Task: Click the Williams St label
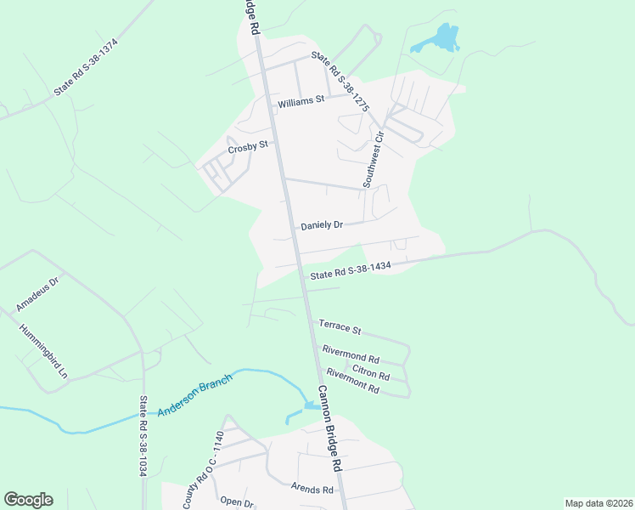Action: pyautogui.click(x=301, y=101)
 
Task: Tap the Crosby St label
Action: pyautogui.click(x=247, y=148)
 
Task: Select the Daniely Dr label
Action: pyautogui.click(x=322, y=225)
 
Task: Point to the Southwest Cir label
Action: pyautogui.click(x=374, y=159)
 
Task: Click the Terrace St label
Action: pyautogui.click(x=340, y=326)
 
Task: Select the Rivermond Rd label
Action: pyautogui.click(x=351, y=354)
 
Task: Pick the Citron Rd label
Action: pyautogui.click(x=371, y=371)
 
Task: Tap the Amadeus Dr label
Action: pyautogui.click(x=37, y=293)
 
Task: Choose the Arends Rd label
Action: pyautogui.click(x=312, y=489)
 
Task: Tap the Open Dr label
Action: pyautogui.click(x=237, y=501)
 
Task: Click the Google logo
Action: pyautogui.click(x=28, y=500)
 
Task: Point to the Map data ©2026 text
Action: pyautogui.click(x=598, y=503)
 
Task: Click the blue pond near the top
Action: pyautogui.click(x=440, y=38)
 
